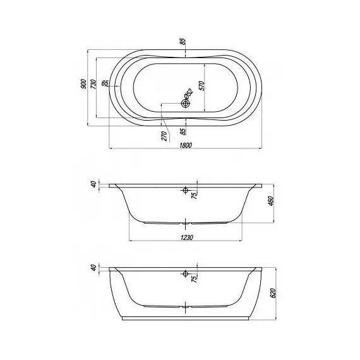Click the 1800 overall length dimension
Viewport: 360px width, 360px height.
pyautogui.click(x=186, y=145)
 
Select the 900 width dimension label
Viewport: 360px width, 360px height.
pyautogui.click(x=84, y=84)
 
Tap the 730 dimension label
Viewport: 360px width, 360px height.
pyautogui.click(x=93, y=84)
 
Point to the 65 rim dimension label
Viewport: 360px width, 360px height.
pyautogui.click(x=105, y=83)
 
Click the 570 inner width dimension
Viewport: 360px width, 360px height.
pyautogui.click(x=201, y=86)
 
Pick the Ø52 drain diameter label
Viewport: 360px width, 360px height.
pyautogui.click(x=189, y=93)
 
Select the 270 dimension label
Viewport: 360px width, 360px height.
pyautogui.click(x=164, y=136)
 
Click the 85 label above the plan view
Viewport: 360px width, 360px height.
pyautogui.click(x=183, y=42)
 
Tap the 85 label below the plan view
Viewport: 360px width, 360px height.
pyautogui.click(x=183, y=131)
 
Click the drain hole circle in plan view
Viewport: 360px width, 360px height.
pyautogui.click(x=185, y=104)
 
